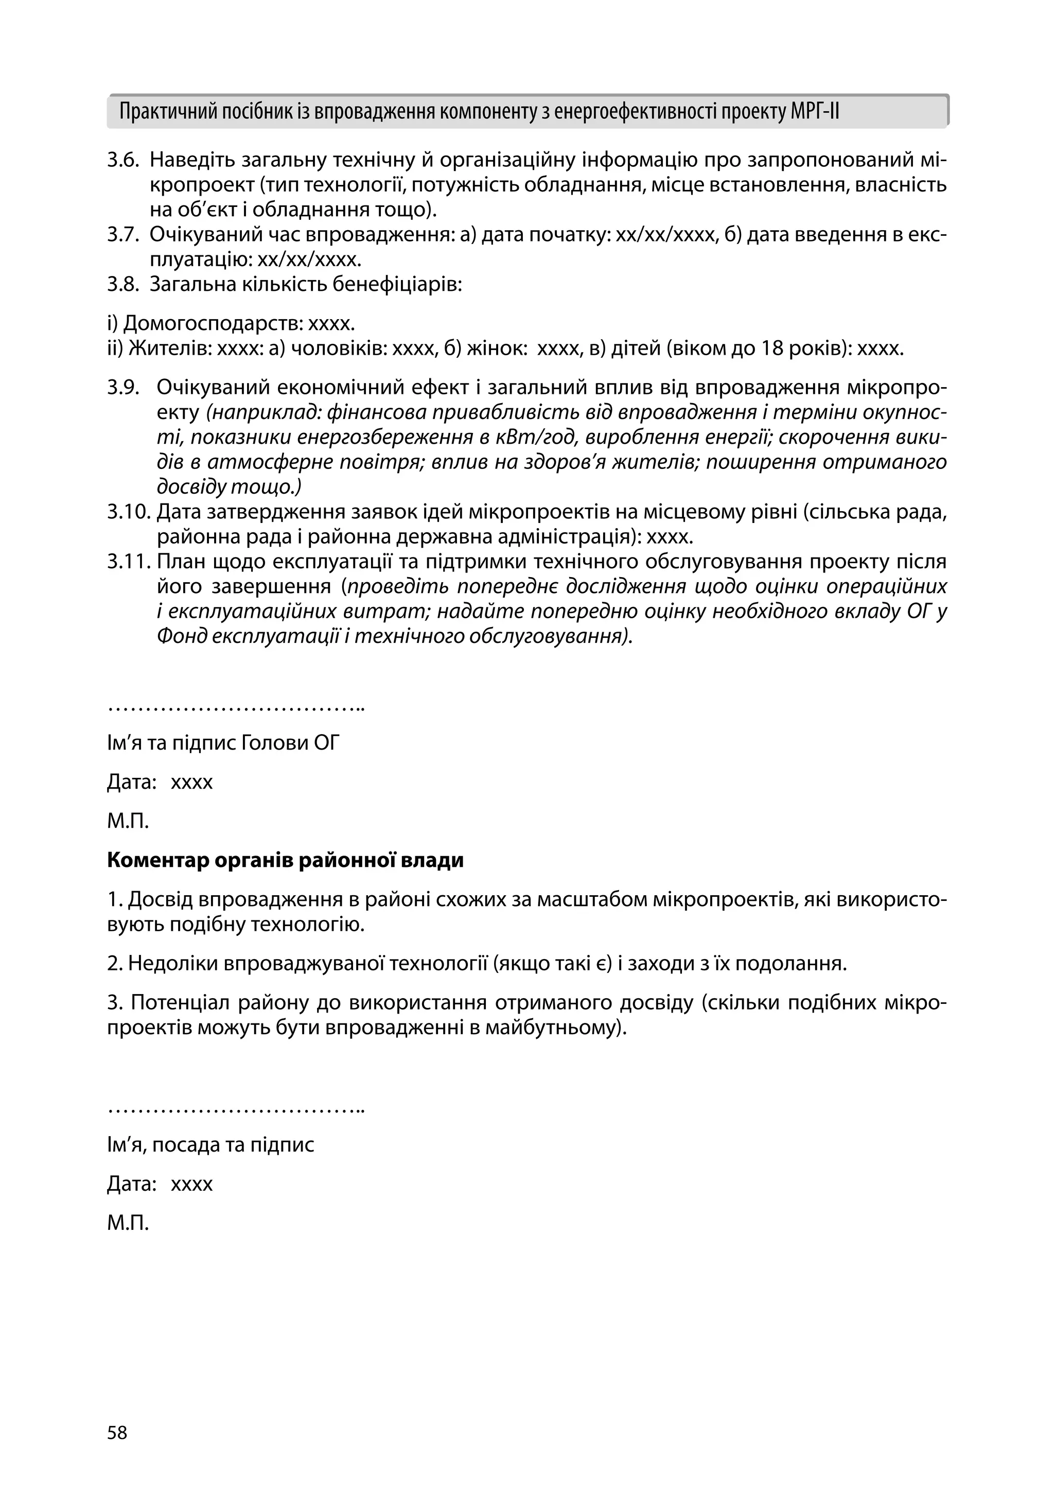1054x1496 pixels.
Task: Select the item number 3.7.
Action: coord(123,235)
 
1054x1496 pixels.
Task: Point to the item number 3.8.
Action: coord(123,285)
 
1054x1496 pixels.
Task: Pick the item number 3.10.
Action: coord(128,513)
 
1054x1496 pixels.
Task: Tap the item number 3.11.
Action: coord(128,562)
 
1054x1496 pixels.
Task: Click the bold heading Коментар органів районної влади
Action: coord(285,861)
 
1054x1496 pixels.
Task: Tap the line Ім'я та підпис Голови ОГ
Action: coord(223,743)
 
